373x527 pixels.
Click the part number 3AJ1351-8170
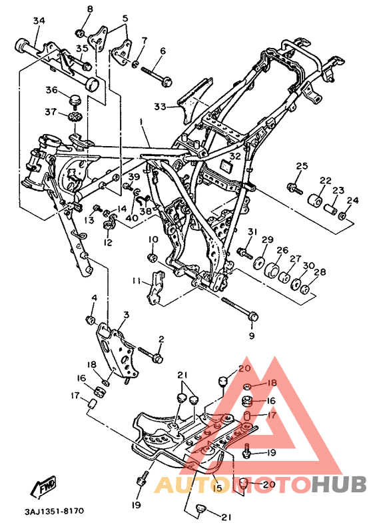(54, 511)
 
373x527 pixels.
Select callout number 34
(39, 21)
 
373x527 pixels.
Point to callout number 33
(160, 107)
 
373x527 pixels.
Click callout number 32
(235, 156)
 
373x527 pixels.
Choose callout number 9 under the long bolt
(252, 335)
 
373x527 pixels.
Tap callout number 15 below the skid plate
(218, 488)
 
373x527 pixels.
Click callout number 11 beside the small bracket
(136, 281)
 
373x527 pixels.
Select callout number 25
(302, 166)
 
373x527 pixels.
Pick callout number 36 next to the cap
(52, 90)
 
